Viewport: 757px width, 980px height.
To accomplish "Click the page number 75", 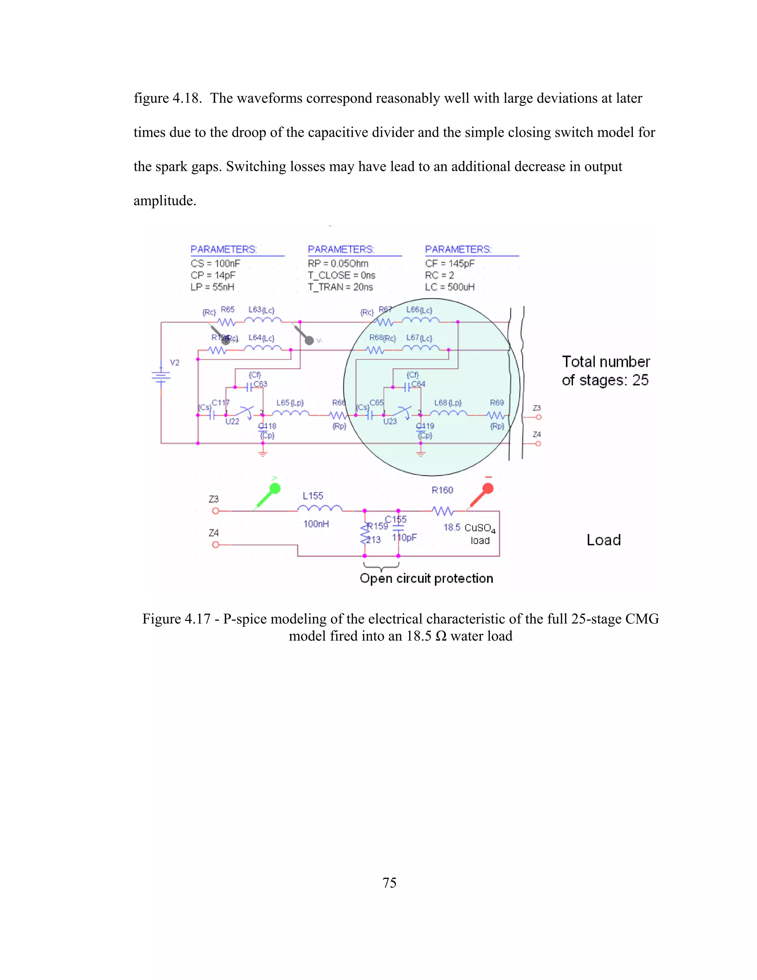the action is pyautogui.click(x=389, y=883).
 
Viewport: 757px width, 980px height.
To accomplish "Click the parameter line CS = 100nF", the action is pyautogui.click(x=215, y=263).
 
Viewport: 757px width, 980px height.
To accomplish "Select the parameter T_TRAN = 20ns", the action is pyautogui.click(x=340, y=287).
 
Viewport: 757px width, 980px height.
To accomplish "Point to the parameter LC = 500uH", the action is pyautogui.click(x=449, y=287).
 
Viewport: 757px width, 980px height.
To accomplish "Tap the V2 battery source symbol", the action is pyautogui.click(x=161, y=376).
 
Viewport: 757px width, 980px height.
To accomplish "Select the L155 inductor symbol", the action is pyautogui.click(x=320, y=509).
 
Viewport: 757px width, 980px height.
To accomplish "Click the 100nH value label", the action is pyautogui.click(x=316, y=524).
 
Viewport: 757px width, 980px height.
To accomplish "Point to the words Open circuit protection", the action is pyautogui.click(x=426, y=578).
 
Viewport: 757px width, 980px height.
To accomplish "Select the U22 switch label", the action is pyautogui.click(x=232, y=421).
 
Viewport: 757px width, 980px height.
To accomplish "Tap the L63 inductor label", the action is pyautogui.click(x=255, y=310).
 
